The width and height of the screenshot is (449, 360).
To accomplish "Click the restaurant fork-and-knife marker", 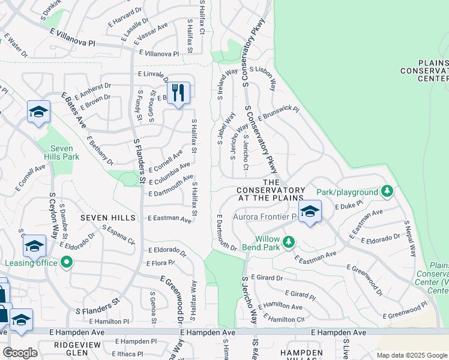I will click(178, 93).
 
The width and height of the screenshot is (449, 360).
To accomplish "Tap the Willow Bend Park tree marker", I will click(289, 241).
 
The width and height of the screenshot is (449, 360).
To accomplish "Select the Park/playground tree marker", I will click(387, 191).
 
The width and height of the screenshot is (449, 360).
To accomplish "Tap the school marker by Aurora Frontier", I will click(310, 211).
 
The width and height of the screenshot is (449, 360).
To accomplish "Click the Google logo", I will click(20, 353).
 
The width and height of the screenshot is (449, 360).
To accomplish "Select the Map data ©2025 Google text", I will click(412, 355).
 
